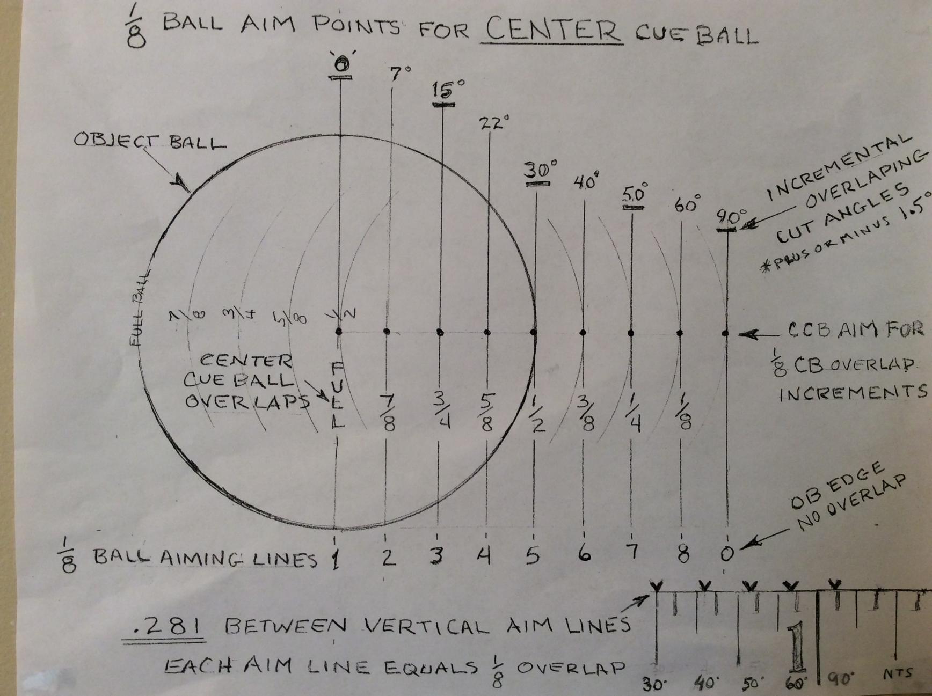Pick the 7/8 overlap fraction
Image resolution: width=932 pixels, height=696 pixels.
point(389,412)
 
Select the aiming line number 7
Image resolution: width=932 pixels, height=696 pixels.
point(634,553)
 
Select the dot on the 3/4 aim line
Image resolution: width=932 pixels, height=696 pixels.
point(440,332)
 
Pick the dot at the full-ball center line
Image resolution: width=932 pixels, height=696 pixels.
point(339,332)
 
